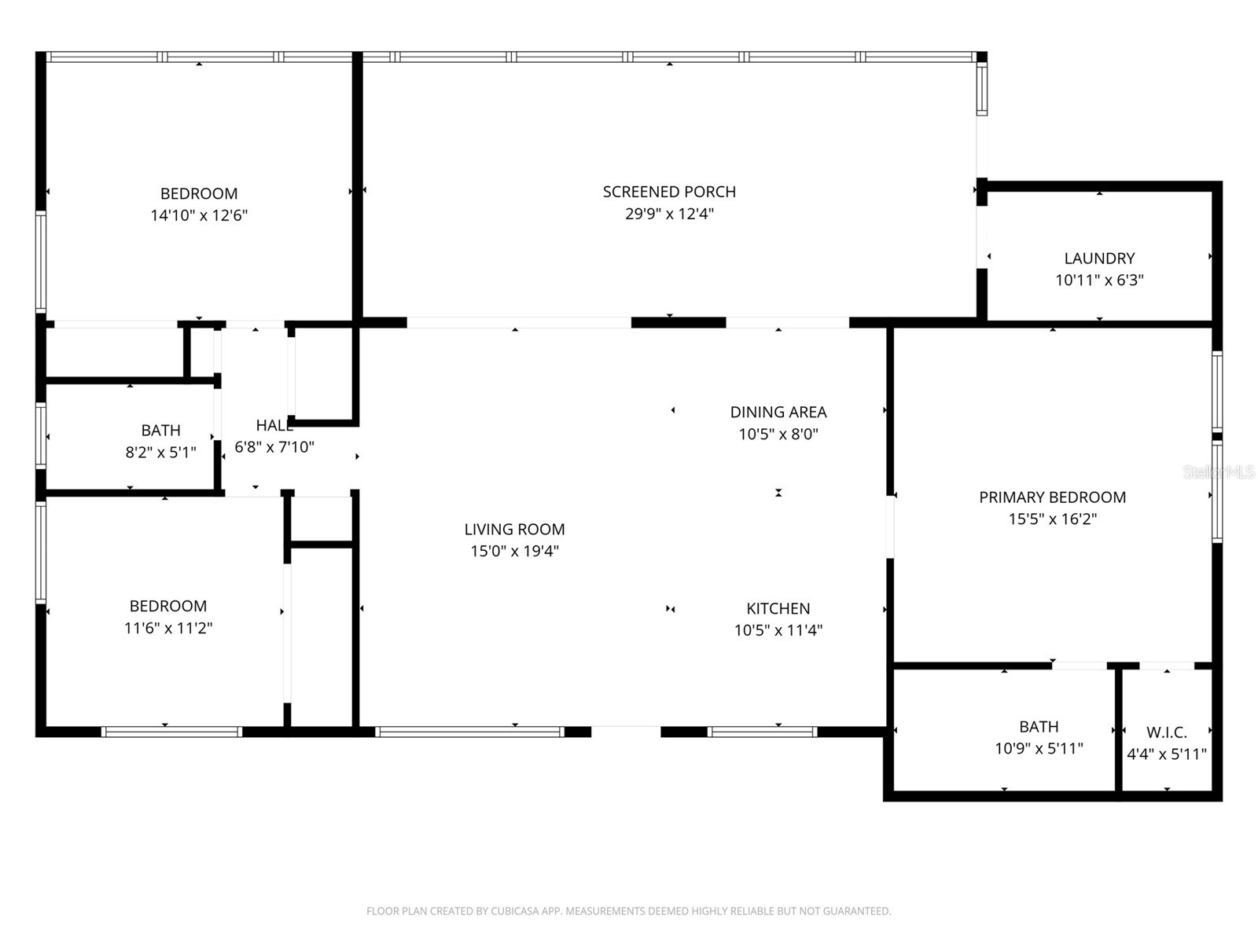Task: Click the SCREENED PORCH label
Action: click(669, 192)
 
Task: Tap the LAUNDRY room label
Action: click(1099, 259)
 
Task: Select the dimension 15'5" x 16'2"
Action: click(1052, 519)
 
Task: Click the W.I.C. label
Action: click(1166, 732)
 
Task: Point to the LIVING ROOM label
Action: click(514, 530)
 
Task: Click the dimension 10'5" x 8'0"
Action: click(778, 434)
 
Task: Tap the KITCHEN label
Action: click(778, 608)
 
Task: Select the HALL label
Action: click(274, 425)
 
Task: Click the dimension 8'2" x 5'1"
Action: click(160, 452)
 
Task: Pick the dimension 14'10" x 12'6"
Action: click(199, 215)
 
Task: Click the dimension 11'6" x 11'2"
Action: click(168, 628)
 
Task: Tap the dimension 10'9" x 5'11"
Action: click(1039, 748)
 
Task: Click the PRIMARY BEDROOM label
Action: click(1052, 497)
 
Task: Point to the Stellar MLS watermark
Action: click(1218, 472)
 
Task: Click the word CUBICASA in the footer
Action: click(515, 912)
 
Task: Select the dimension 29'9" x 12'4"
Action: click(669, 214)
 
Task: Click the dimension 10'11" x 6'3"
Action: click(1099, 280)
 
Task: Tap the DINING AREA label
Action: click(778, 412)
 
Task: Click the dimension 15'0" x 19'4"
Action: click(514, 551)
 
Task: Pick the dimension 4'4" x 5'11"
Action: click(1166, 754)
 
